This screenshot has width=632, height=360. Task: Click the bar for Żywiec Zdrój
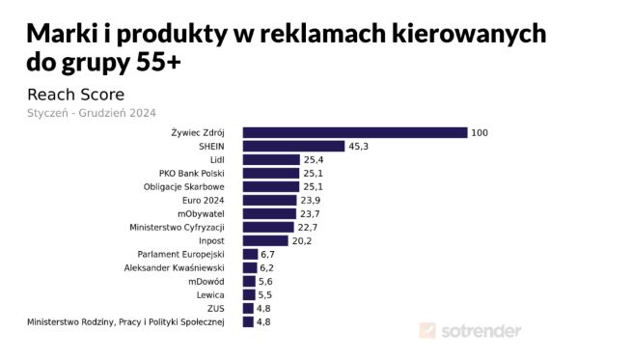tap(354, 132)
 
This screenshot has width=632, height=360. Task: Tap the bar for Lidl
tap(271, 159)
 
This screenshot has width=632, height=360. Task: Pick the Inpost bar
tap(265, 240)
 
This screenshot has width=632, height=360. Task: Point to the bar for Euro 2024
tap(269, 200)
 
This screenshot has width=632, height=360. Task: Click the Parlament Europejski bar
tap(250, 254)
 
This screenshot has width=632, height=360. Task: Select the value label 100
tap(480, 132)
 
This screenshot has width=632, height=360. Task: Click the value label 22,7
tap(309, 227)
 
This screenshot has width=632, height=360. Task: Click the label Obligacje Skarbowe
tap(183, 186)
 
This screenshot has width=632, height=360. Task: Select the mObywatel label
tap(201, 213)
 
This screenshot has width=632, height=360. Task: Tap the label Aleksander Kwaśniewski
tap(175, 267)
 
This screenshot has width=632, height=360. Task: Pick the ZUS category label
tap(216, 308)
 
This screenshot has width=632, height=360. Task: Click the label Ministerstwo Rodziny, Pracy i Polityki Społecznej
tap(126, 321)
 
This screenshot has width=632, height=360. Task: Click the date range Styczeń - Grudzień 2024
tap(92, 112)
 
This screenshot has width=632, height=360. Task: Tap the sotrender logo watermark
tap(470, 331)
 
